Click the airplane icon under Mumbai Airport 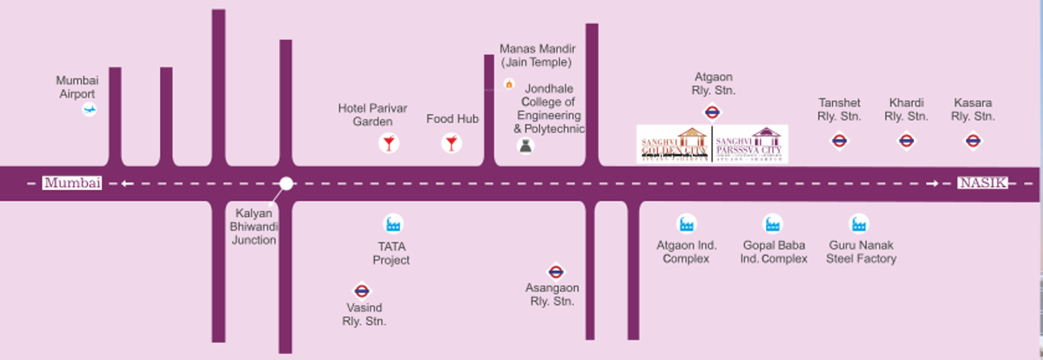(x=89, y=109)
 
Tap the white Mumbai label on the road (x=72, y=183)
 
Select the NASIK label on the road (x=983, y=183)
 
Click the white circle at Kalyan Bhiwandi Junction (x=286, y=184)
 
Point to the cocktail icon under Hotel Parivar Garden (x=389, y=143)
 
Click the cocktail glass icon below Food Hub (x=451, y=143)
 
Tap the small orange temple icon (x=509, y=84)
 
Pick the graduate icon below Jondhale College (x=525, y=146)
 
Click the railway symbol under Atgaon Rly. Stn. (x=712, y=112)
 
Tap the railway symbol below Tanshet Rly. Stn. (x=839, y=141)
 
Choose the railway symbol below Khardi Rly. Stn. (x=906, y=141)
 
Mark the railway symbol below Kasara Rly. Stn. (x=973, y=141)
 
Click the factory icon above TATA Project (x=393, y=224)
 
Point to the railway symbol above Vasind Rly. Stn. (x=361, y=291)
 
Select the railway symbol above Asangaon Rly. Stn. (x=555, y=272)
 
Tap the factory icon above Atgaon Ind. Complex (x=686, y=224)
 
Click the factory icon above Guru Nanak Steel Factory (x=859, y=224)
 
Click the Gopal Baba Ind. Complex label (x=773, y=252)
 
